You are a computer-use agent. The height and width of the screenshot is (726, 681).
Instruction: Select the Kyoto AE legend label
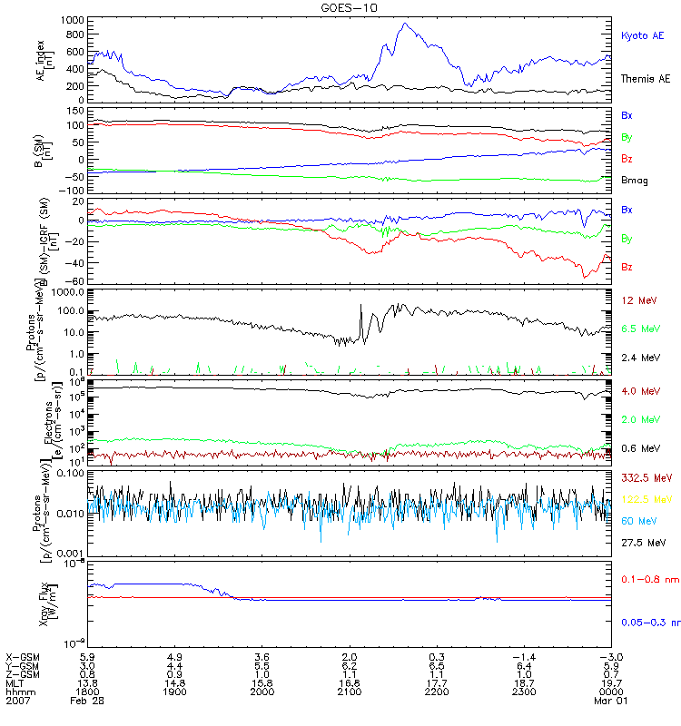642,35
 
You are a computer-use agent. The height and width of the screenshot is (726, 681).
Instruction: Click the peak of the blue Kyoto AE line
405,25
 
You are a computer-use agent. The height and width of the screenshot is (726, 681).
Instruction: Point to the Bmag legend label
635,181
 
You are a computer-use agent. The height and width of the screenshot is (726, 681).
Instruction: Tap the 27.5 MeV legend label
641,542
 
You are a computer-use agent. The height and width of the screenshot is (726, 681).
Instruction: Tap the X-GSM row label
22,656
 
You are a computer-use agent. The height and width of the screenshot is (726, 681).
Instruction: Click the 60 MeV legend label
637,521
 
